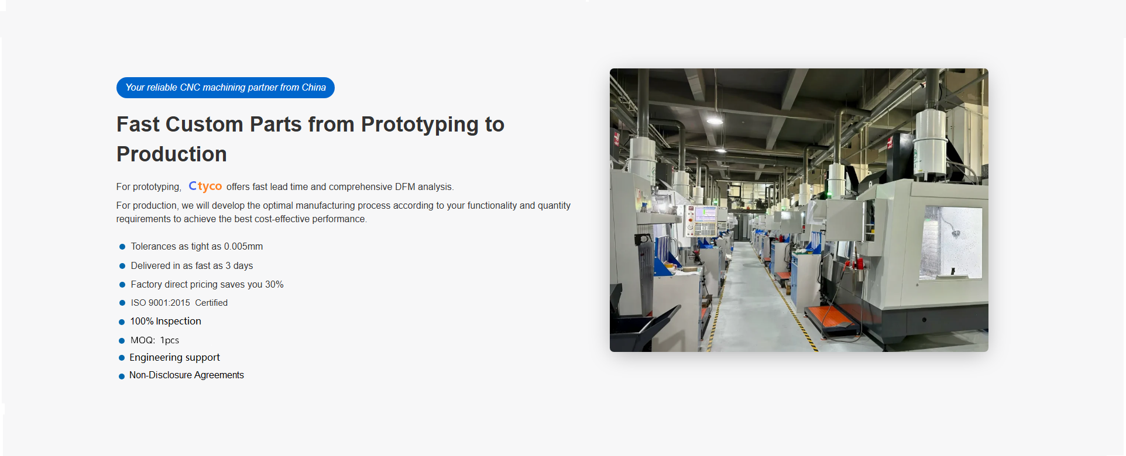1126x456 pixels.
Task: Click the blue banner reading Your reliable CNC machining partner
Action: [x=225, y=88]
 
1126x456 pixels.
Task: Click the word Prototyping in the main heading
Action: [x=420, y=125]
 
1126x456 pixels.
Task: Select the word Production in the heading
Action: [x=171, y=154]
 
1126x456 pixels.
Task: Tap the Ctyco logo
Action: [x=205, y=186]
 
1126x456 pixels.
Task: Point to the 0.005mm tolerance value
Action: [x=243, y=247]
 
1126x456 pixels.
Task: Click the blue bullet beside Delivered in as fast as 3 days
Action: [x=122, y=266]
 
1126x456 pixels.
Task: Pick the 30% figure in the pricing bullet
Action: [x=274, y=285]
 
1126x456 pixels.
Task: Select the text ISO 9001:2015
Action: [x=160, y=303]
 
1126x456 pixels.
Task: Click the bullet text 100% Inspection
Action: [x=166, y=322]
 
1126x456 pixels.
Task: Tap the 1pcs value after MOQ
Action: [x=170, y=340]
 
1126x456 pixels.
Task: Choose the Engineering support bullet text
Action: [x=174, y=357]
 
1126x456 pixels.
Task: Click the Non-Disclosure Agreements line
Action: [x=187, y=375]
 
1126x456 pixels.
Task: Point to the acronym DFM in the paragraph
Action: [x=405, y=187]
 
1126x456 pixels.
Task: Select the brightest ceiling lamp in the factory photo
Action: [x=715, y=120]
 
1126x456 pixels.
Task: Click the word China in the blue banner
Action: [x=314, y=88]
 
